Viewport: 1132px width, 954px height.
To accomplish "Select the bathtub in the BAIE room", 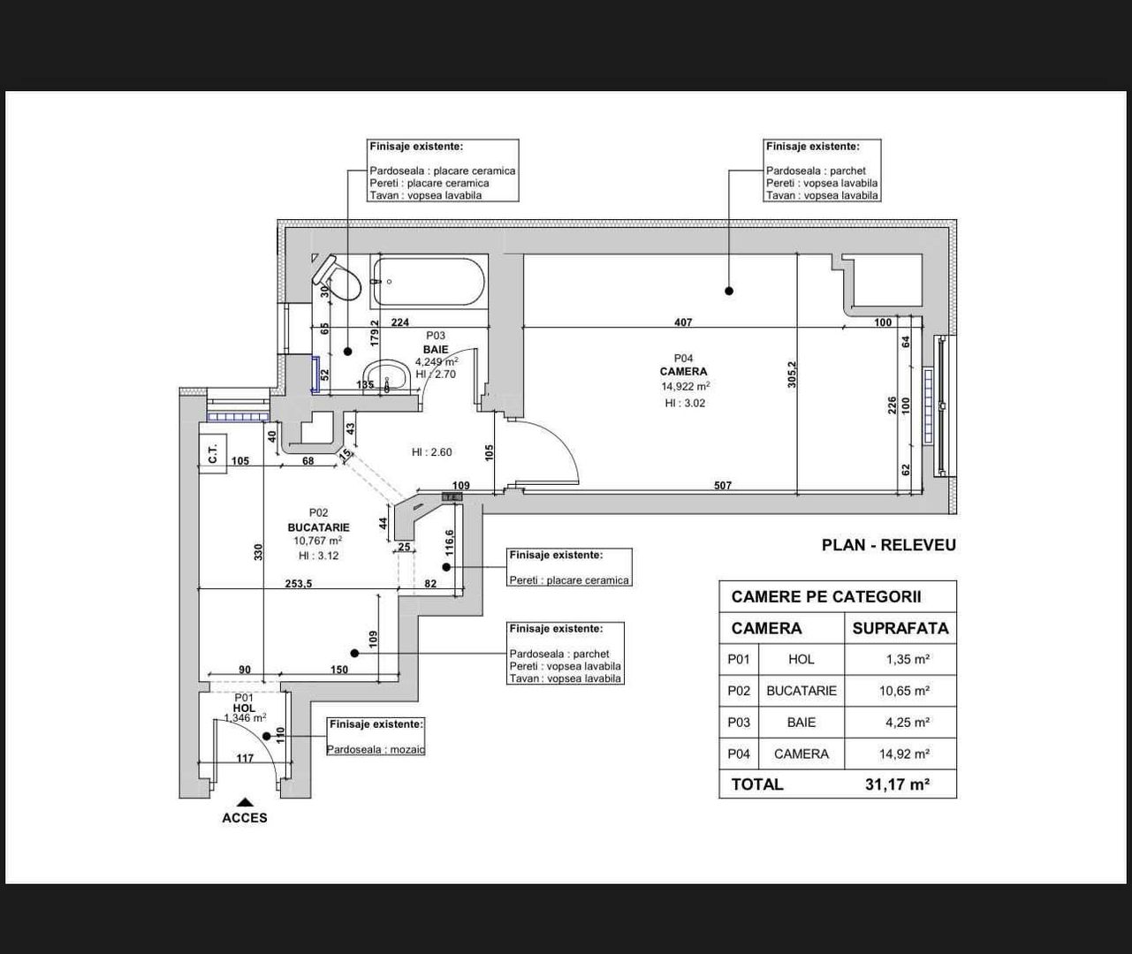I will [429, 282].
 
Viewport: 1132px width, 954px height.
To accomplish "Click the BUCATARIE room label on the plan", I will [318, 527].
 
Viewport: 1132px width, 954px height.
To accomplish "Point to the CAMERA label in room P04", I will [683, 372].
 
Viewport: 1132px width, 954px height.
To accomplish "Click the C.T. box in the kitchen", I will [212, 455].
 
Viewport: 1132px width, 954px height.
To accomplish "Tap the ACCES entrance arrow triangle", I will [245, 802].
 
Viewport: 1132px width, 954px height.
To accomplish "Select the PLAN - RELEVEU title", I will [888, 545].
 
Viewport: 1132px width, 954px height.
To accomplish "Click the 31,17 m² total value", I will [897, 784].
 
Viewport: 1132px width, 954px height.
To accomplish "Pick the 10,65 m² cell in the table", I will [903, 691].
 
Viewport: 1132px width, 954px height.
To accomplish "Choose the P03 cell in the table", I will [738, 723].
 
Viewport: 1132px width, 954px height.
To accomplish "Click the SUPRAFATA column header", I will [900, 629].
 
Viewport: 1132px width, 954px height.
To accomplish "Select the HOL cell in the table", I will [801, 659].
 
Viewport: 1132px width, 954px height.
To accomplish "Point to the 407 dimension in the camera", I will [682, 322].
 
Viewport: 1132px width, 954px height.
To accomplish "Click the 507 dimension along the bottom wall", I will [722, 486].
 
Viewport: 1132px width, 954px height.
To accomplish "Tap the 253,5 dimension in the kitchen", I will [298, 584].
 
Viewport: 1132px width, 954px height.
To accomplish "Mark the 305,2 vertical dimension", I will [793, 374].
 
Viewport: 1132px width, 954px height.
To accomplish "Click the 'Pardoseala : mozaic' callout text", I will [376, 750].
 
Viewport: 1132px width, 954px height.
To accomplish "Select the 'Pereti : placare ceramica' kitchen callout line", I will [569, 580].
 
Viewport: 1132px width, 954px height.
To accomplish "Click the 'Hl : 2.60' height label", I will [431, 452].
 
